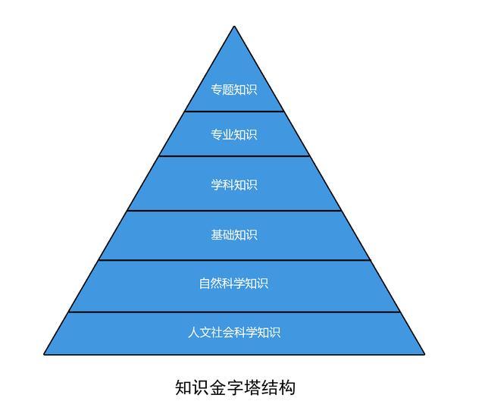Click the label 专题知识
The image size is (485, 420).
[x=234, y=89]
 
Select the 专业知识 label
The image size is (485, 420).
[x=234, y=135]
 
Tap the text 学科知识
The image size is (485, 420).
[x=234, y=185]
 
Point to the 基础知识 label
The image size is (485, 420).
[x=234, y=235]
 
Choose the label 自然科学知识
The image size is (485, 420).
[x=233, y=284]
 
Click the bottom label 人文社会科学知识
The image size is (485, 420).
[x=234, y=332]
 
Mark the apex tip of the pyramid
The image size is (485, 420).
[x=234, y=27]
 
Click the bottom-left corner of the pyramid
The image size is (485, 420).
[x=44, y=354]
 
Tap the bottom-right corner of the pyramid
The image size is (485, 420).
[x=424, y=354]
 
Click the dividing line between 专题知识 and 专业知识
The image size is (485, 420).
[x=234, y=111]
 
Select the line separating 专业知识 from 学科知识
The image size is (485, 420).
[x=234, y=156]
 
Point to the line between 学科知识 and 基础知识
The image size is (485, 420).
[x=234, y=211]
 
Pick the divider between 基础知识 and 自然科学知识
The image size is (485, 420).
[x=234, y=260]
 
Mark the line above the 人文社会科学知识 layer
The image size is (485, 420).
[x=234, y=312]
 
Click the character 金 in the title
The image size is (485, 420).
[x=217, y=387]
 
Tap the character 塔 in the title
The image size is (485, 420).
[x=252, y=387]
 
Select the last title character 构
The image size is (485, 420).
[x=286, y=387]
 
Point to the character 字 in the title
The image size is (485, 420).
[x=235, y=387]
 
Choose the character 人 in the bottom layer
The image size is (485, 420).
[x=194, y=332]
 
